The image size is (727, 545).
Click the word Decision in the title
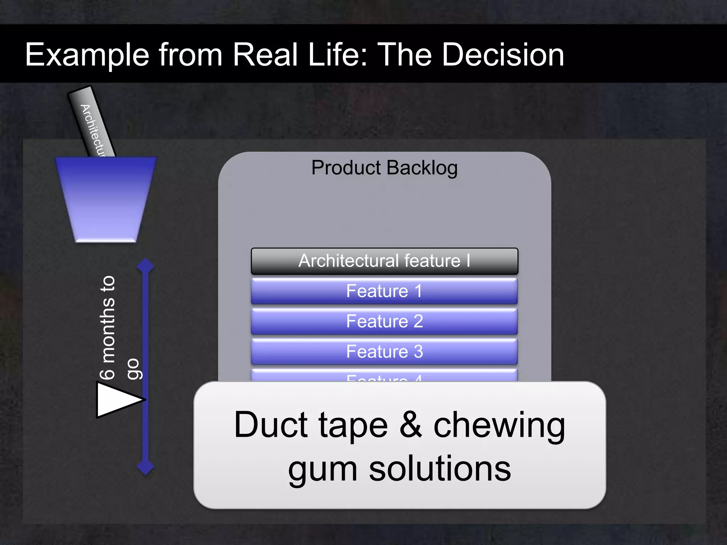pos(503,55)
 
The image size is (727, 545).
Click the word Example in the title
pos(87,55)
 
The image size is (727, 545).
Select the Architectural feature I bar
pos(384,261)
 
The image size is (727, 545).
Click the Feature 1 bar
pos(384,291)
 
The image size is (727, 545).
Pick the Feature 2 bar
pos(384,321)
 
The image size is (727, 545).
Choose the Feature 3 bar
pos(384,352)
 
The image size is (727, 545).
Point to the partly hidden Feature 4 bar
pos(384,376)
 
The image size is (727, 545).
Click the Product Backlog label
pos(384,167)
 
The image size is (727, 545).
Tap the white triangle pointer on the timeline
pos(115,400)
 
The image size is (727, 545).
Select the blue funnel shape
pos(105,199)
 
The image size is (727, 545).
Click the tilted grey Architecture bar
pos(92,122)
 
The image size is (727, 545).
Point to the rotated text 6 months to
pos(107,327)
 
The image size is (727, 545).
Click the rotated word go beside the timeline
pos(134,369)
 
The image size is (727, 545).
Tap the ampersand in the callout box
pos(411,424)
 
